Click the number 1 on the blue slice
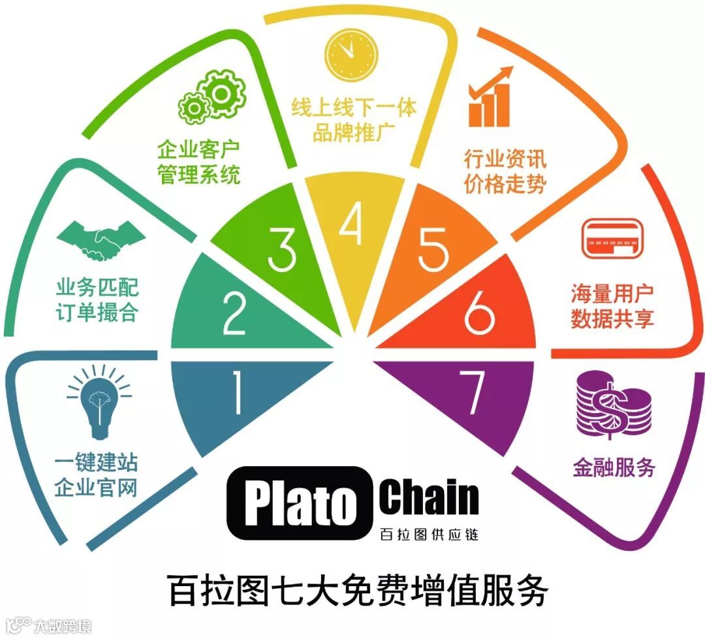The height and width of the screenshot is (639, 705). point(236,394)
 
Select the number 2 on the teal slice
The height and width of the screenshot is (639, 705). point(233,314)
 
